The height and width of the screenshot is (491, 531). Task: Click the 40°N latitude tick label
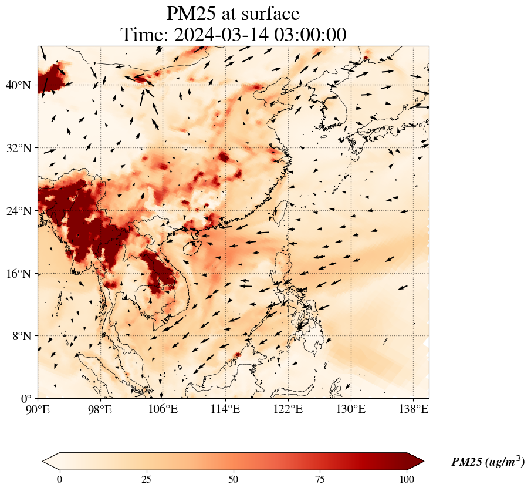tap(18, 85)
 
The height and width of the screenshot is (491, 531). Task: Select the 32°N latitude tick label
tap(18, 148)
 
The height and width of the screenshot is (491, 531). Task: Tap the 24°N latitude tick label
tap(18, 211)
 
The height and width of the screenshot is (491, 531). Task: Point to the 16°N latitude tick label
tap(18, 274)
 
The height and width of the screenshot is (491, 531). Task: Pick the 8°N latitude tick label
tap(21, 336)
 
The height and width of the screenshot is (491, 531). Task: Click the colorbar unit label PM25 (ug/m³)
tap(488, 462)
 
